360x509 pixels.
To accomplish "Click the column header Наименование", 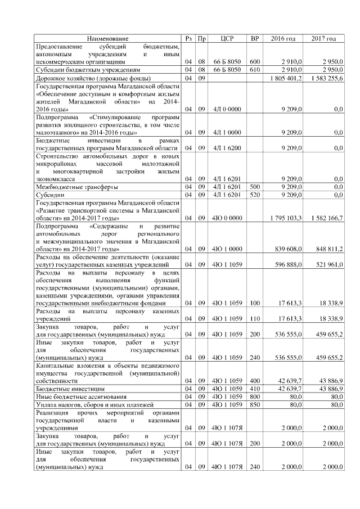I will click(107, 38).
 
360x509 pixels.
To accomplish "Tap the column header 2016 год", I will click(283, 38).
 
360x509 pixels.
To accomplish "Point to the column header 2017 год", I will click(323, 38).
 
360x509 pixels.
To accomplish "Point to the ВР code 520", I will click(255, 194).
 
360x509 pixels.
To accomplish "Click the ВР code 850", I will click(255, 404).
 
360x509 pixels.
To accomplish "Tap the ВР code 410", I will click(255, 388).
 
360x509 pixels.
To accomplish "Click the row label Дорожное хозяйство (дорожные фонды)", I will click(84, 78).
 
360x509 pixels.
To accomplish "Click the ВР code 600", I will click(255, 61).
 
